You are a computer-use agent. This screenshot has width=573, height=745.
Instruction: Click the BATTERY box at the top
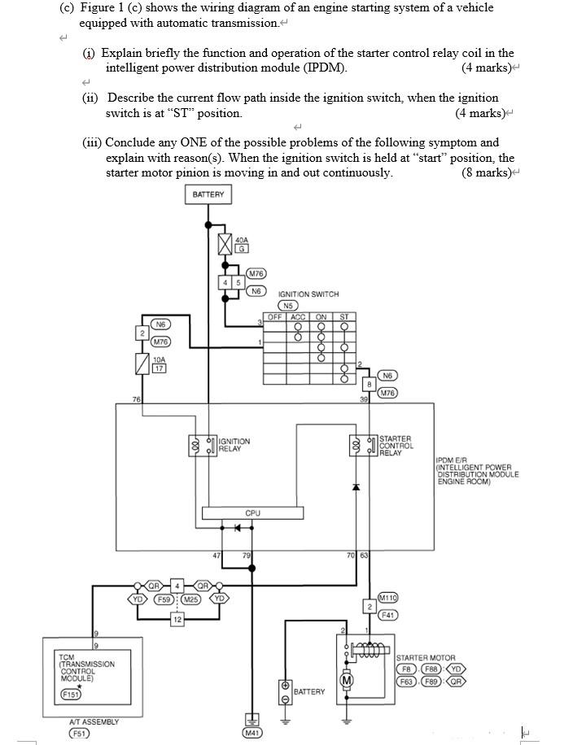[208, 195]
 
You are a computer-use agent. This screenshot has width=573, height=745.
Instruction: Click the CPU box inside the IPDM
[252, 513]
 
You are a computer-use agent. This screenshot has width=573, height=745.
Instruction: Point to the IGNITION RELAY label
[234, 445]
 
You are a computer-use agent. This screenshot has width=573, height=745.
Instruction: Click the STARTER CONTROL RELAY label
[396, 445]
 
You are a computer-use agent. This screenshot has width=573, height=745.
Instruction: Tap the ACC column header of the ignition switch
[298, 316]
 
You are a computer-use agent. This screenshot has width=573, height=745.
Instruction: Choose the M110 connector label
[387, 598]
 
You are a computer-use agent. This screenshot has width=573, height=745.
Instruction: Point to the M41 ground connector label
[253, 733]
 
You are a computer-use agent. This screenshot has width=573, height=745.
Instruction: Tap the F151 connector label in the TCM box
[72, 694]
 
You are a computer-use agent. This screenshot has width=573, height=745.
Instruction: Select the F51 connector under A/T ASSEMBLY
[79, 732]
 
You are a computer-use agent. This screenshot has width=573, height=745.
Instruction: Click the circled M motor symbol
[347, 680]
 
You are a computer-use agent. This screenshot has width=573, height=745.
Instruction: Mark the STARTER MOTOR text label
[426, 657]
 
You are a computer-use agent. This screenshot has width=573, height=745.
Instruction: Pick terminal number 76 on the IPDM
[136, 399]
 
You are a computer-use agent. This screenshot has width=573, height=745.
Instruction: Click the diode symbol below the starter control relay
[355, 487]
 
